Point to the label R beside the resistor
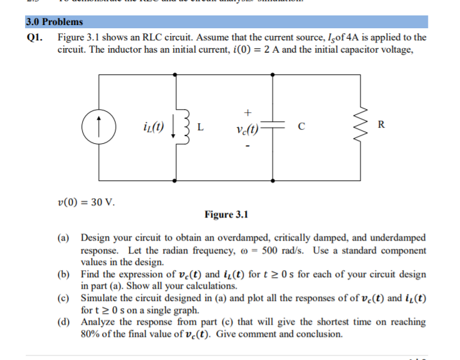[x=382, y=124]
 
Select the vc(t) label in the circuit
[x=247, y=126]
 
